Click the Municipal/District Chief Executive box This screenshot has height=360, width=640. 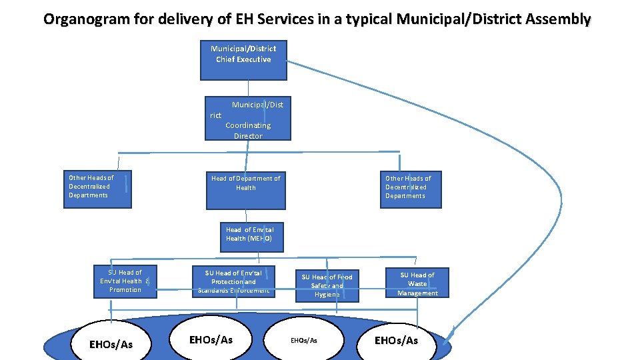coord(243,60)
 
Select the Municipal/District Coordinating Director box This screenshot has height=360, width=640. coord(248,120)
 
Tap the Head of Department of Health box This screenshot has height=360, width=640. coord(245,190)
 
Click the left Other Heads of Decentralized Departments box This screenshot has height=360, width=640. coord(97,189)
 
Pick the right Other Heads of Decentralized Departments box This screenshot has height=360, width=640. coord(411,189)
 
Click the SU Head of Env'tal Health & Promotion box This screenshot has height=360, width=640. coord(125,281)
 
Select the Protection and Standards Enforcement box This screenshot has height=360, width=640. coord(233,281)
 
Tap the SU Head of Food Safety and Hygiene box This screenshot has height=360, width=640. coord(327,285)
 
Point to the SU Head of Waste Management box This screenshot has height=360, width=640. coord(417,283)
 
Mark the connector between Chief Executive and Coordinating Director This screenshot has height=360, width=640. coord(248,89)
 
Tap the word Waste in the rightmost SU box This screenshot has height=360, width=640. coord(417,284)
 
